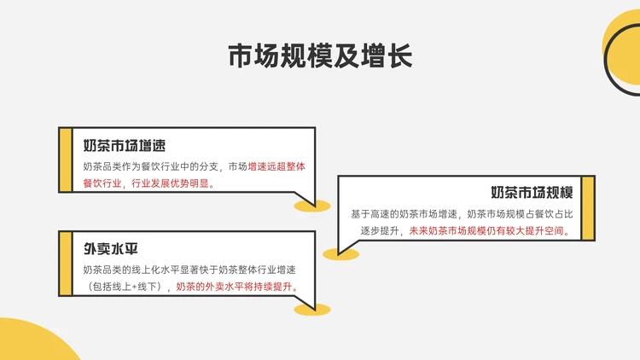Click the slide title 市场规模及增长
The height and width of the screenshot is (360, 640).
point(320,56)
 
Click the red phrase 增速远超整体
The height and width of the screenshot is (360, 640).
point(276,165)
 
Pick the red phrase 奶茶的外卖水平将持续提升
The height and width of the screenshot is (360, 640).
point(236,287)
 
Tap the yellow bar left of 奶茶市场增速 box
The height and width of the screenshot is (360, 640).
point(63,161)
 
